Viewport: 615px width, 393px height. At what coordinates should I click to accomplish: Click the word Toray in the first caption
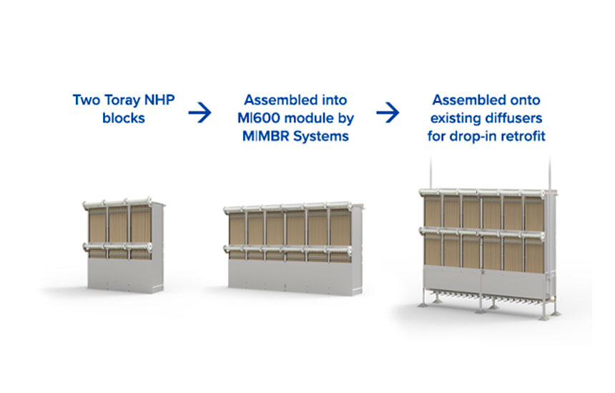[x=123, y=100]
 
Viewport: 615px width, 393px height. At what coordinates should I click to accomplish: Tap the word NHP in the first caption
[x=159, y=100]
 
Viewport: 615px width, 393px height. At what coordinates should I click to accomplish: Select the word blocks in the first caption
[x=124, y=118]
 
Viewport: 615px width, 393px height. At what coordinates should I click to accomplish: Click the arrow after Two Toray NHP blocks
[x=200, y=112]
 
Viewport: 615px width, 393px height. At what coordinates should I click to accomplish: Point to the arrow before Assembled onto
[x=388, y=112]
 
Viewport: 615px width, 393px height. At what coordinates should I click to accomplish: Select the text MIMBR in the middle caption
[x=266, y=136]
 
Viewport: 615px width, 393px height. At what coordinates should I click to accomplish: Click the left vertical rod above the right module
[x=431, y=172]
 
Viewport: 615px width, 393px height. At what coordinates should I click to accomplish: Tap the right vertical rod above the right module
[x=549, y=173]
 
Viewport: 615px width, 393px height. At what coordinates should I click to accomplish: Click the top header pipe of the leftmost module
[x=117, y=203]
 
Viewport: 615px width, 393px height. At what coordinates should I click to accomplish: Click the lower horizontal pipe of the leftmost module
[x=117, y=246]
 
